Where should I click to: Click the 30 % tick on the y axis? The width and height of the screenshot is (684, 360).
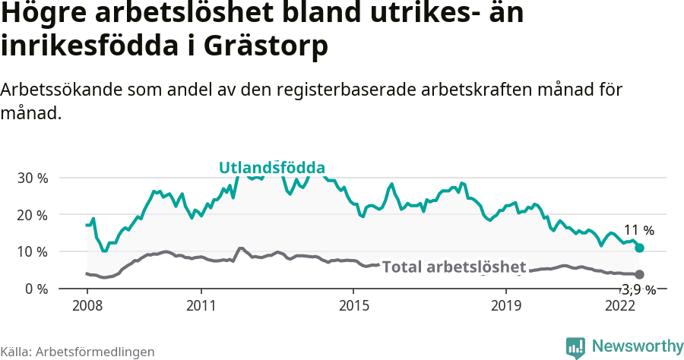(x=32, y=178)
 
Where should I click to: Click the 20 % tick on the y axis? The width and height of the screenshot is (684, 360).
(x=32, y=215)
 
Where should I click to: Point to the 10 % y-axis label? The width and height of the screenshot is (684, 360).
(x=32, y=251)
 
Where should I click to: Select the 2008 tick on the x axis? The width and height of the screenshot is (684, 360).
(x=87, y=305)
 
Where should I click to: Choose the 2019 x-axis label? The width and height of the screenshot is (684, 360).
(x=505, y=305)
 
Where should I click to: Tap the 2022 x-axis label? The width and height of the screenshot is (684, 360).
(x=619, y=305)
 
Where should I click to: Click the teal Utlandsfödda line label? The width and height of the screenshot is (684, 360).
(x=272, y=168)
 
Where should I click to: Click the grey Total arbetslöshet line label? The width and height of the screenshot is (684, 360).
(x=454, y=267)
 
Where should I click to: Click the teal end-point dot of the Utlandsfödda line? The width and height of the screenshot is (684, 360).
(x=640, y=248)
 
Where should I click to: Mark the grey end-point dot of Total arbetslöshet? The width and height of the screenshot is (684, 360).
(x=640, y=274)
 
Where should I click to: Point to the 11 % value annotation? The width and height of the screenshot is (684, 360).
(x=638, y=230)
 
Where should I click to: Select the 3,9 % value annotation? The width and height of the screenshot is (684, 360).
(x=638, y=289)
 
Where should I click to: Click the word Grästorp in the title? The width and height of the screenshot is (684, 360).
(x=266, y=46)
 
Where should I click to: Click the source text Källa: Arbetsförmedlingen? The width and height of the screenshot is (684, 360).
(x=78, y=352)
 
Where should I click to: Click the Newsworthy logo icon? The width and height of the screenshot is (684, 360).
(x=575, y=347)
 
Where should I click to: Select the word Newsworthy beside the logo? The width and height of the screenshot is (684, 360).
(x=637, y=346)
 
